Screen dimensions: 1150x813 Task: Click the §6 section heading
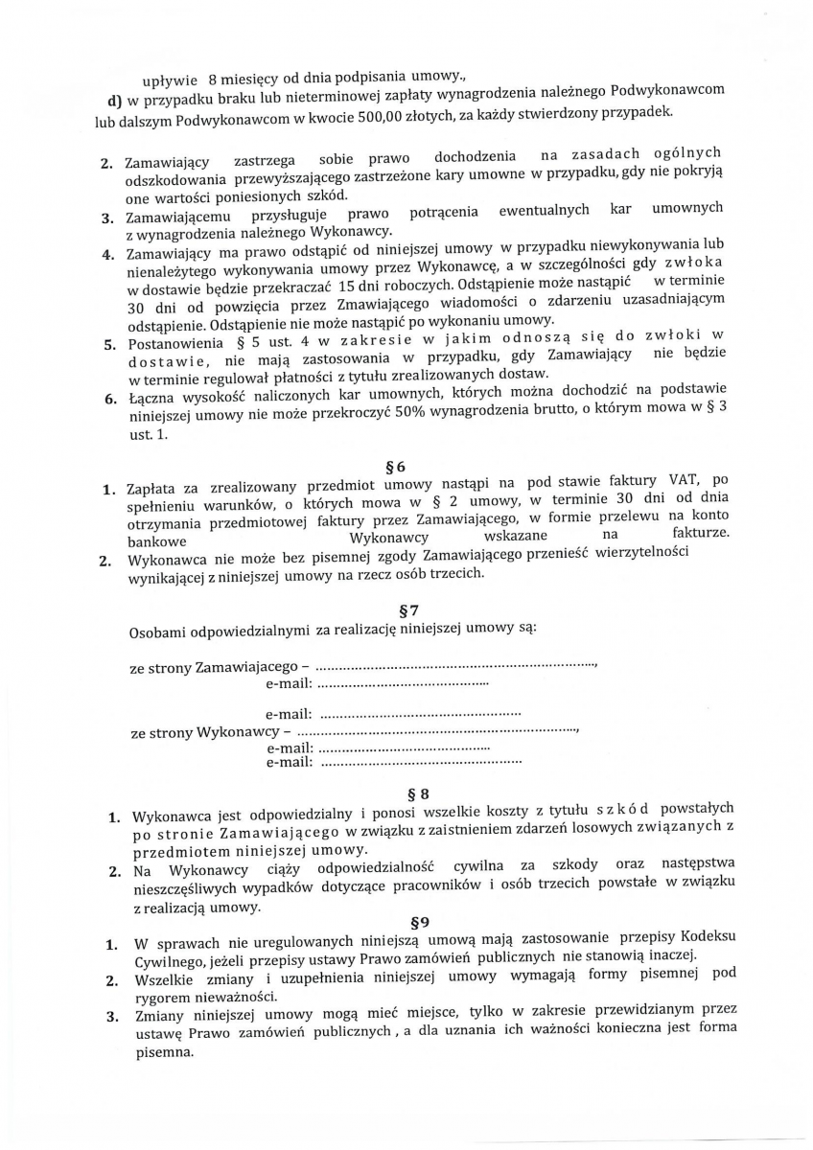(x=394, y=467)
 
